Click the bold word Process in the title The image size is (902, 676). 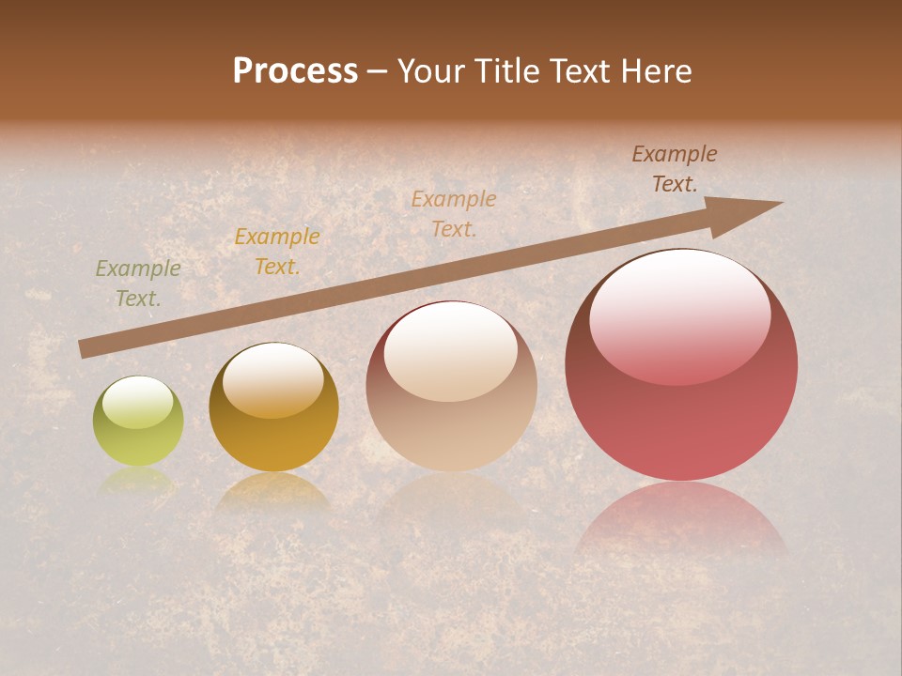tap(295, 71)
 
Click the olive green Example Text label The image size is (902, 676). tap(138, 284)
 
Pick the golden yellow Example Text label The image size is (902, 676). tap(276, 252)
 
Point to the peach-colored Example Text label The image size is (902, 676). tap(454, 213)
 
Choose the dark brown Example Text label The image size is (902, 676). tap(674, 169)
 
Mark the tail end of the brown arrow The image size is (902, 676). tap(83, 349)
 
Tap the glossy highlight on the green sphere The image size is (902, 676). tap(137, 402)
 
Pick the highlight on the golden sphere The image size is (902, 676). tap(272, 380)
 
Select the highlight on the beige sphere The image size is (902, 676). tap(450, 349)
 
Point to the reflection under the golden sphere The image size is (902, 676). tap(272, 493)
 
